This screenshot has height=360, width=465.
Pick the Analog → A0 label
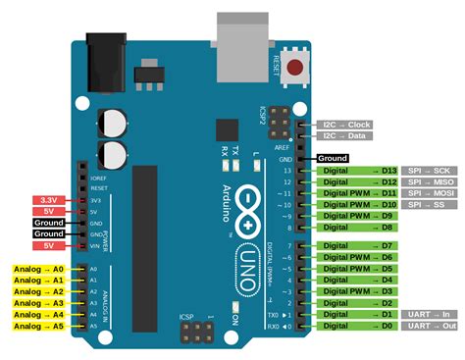click(x=38, y=268)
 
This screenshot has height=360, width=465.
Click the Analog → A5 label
click(x=38, y=326)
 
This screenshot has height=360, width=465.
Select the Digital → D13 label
click(x=358, y=171)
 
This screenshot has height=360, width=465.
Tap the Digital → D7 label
click(x=358, y=244)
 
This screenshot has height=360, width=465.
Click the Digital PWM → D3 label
click(x=358, y=291)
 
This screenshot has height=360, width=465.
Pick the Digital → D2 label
click(x=358, y=303)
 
